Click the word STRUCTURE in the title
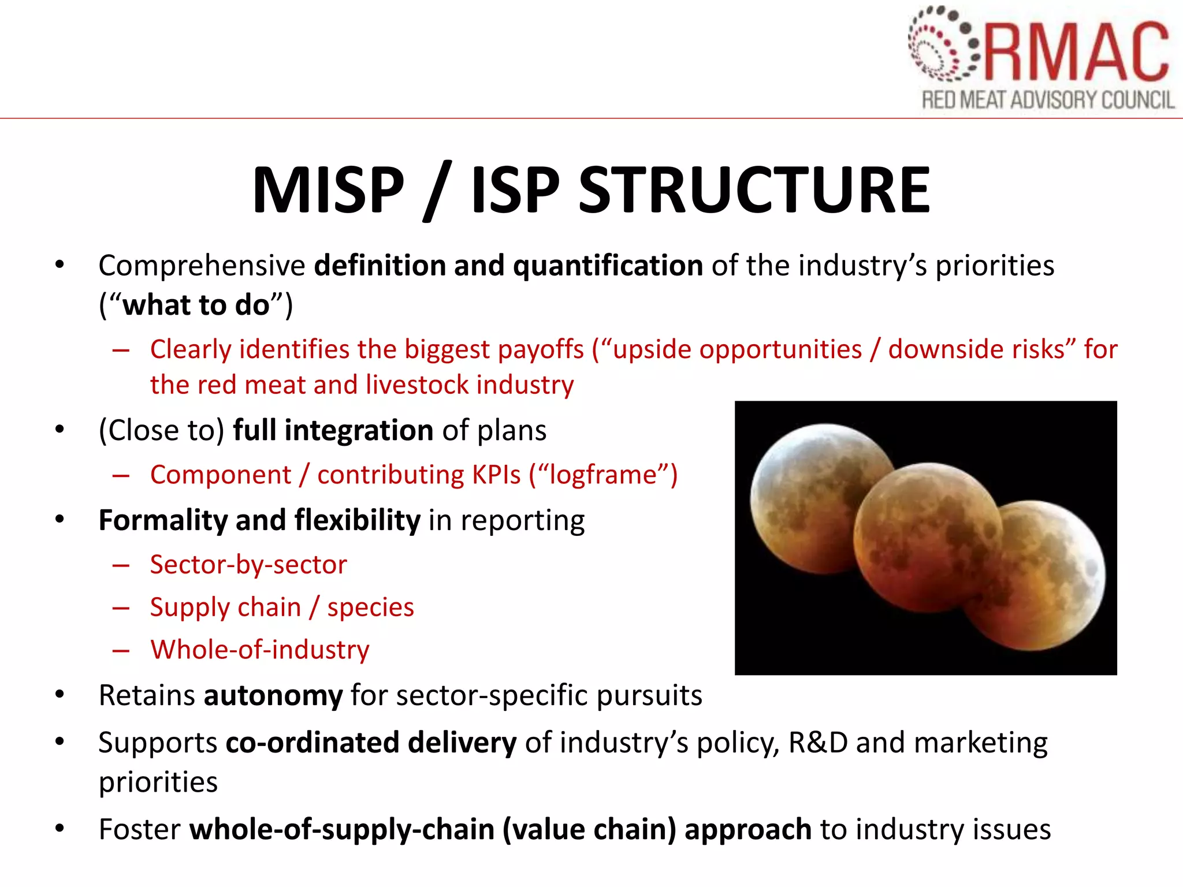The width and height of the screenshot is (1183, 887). pyautogui.click(x=754, y=191)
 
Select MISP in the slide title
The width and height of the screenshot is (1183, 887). pyautogui.click(x=328, y=191)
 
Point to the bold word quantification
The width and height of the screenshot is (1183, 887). pyautogui.click(x=608, y=266)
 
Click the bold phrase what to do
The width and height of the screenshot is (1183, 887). pyautogui.click(x=196, y=305)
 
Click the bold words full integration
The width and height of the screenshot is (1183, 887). pyautogui.click(x=333, y=430)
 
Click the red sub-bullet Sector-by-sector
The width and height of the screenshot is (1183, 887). pyautogui.click(x=248, y=564)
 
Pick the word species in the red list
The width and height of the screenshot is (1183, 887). pyautogui.click(x=370, y=608)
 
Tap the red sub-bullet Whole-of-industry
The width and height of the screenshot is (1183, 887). pyautogui.click(x=260, y=650)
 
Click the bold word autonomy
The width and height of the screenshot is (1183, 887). pyautogui.click(x=273, y=695)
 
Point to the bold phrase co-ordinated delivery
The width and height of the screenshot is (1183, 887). pyautogui.click(x=371, y=743)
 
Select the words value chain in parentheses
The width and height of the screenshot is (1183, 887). pyautogui.click(x=589, y=829)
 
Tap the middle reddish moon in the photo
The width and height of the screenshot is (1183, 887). pyautogui.click(x=924, y=537)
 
